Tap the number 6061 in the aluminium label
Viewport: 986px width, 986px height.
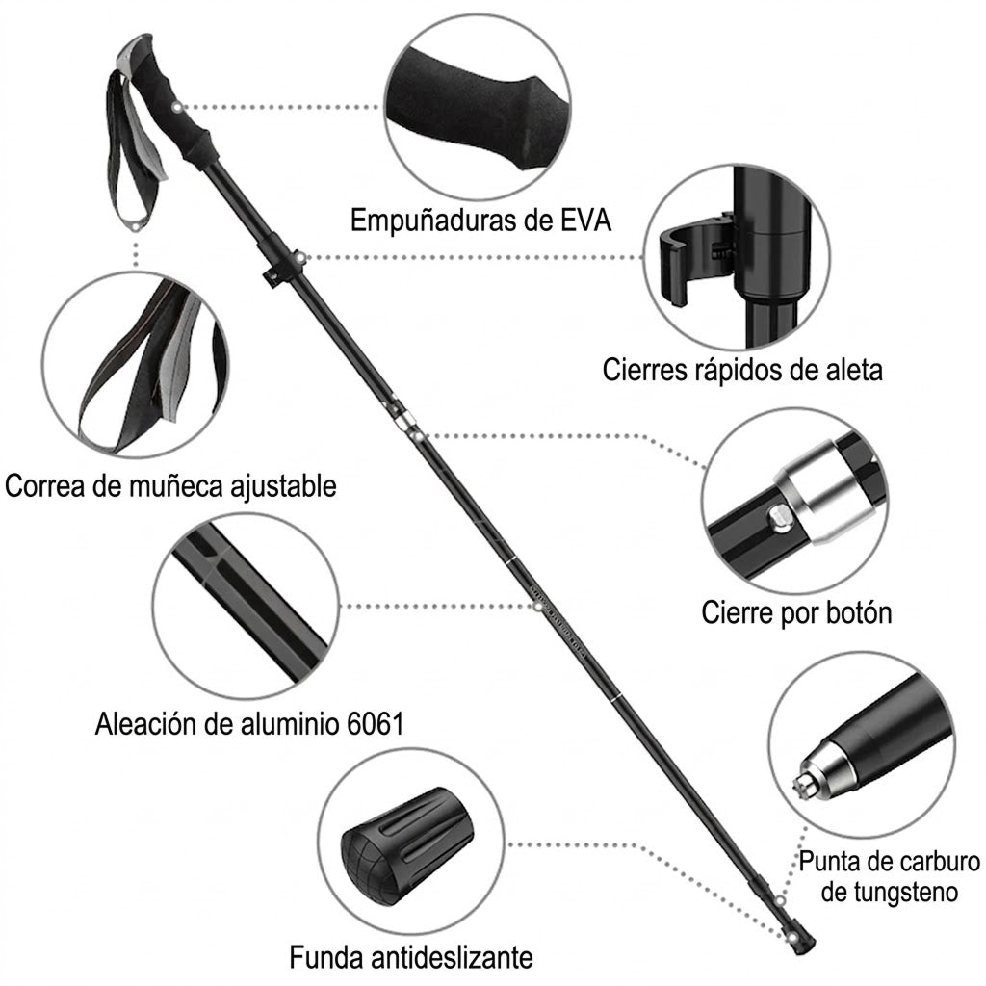(x=376, y=724)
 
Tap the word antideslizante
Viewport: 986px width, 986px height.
(x=452, y=958)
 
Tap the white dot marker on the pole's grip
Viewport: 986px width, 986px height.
(x=178, y=107)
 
